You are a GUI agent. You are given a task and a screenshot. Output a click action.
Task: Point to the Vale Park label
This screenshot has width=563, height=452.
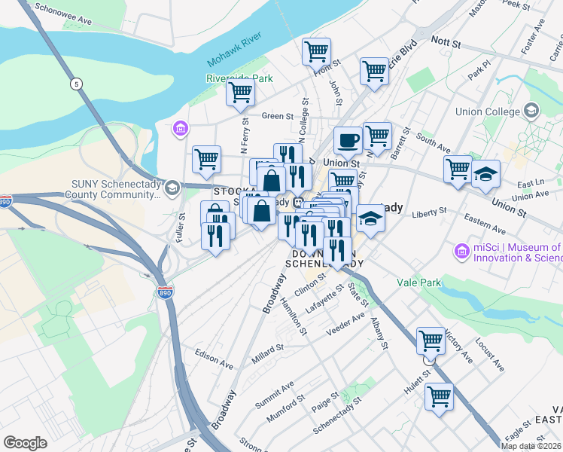[419, 282]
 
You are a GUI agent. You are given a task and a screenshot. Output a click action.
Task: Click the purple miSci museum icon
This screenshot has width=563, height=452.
[461, 251]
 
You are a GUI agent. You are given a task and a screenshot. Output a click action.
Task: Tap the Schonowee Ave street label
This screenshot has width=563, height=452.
[63, 17]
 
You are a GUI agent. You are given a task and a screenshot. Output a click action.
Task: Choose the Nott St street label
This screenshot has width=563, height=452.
[445, 44]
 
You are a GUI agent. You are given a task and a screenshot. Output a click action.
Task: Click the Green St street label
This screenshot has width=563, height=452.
[277, 116]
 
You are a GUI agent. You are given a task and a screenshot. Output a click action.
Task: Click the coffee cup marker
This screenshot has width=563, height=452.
[348, 140]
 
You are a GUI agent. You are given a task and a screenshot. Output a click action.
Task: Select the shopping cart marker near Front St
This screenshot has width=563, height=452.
[316, 51]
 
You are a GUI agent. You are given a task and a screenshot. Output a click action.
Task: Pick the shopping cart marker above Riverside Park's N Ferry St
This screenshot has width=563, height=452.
[240, 93]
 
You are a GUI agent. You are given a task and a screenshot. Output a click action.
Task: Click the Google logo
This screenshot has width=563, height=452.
[25, 442]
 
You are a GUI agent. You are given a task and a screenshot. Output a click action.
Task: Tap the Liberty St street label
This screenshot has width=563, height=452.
[430, 213]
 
